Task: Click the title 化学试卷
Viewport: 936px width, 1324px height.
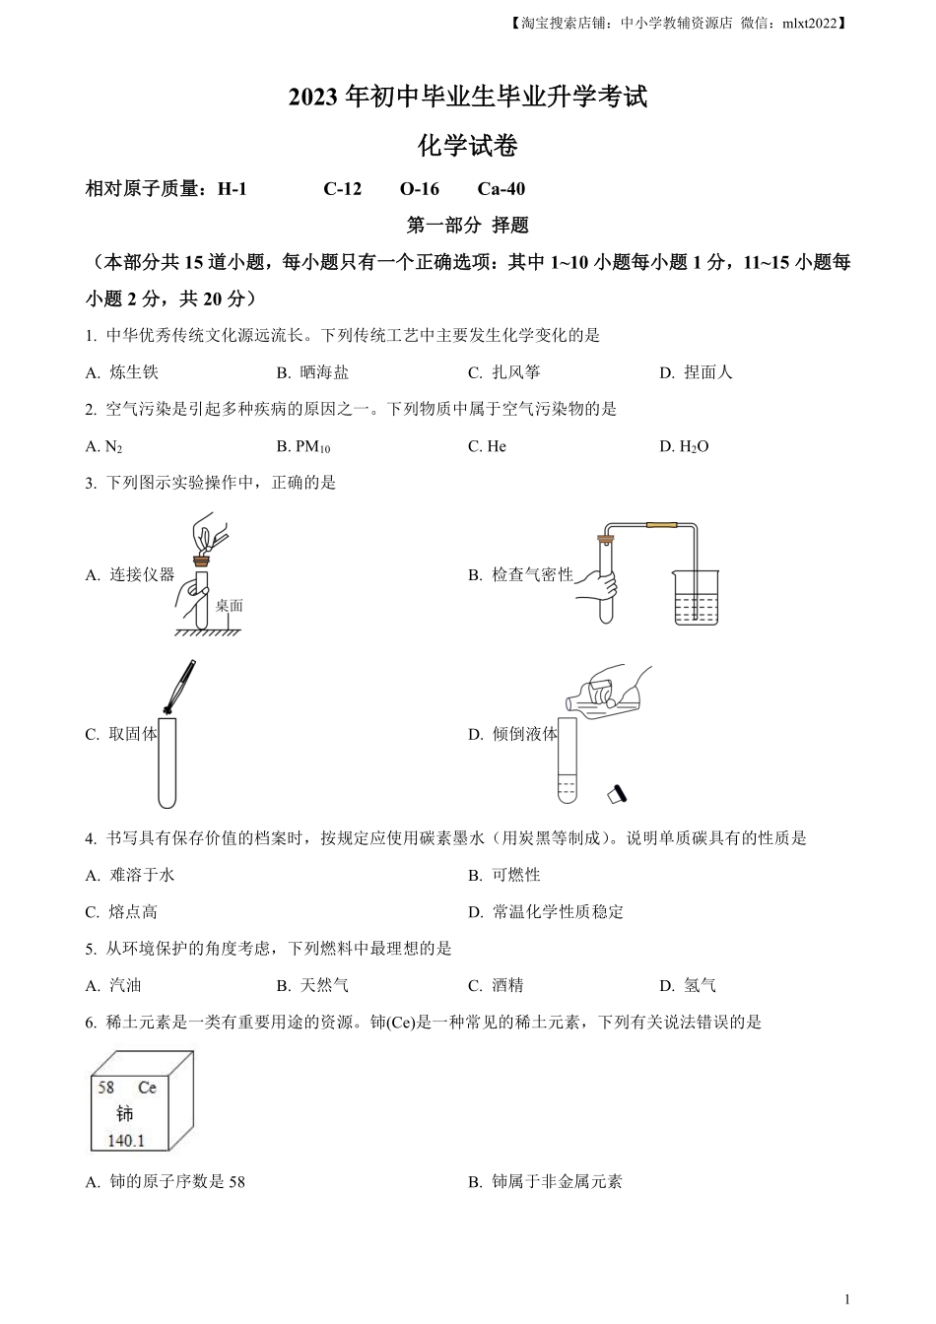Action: [x=468, y=147]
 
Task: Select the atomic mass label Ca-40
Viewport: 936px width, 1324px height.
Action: [x=501, y=189]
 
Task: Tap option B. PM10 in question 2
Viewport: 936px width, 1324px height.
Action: [x=303, y=447]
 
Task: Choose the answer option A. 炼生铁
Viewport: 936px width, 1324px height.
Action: [x=122, y=372]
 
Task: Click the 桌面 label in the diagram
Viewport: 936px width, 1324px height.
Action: [x=229, y=606]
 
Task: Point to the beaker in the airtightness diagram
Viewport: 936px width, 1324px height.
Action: [x=698, y=597]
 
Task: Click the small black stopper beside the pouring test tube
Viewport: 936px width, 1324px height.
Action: [x=618, y=793]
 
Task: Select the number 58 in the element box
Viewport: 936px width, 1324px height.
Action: [x=106, y=1089]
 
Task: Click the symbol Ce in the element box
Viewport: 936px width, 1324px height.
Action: [x=147, y=1089]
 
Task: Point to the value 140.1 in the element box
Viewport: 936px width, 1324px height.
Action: [x=119, y=1141]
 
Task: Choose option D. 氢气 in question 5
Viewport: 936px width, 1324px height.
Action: [x=688, y=985]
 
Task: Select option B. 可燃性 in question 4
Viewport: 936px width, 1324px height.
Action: [x=504, y=875]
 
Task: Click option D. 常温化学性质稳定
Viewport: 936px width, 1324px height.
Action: [x=546, y=912]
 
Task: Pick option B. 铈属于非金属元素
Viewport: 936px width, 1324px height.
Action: [x=545, y=1182]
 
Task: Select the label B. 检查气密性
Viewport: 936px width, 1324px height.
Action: [x=520, y=574]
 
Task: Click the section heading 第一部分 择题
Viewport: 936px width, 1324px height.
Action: [x=468, y=226]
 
